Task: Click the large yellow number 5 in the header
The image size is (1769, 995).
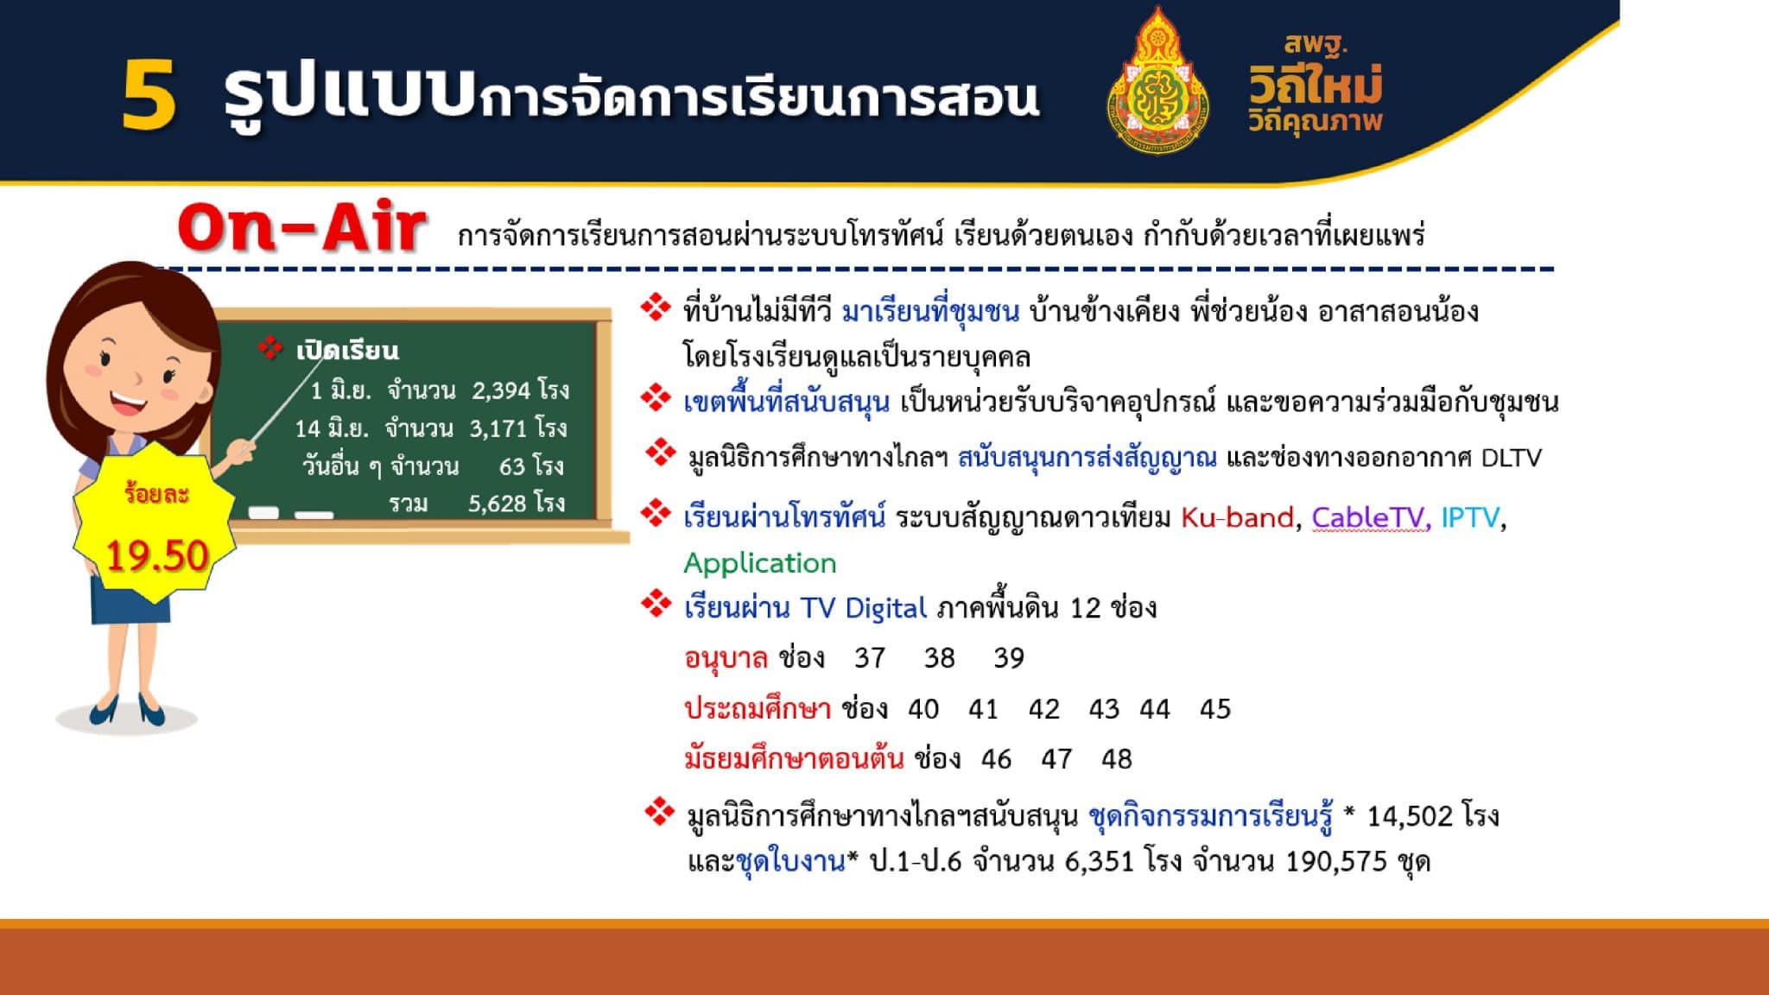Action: click(149, 96)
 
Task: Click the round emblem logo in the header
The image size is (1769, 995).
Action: click(1157, 81)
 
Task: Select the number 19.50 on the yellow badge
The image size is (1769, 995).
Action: click(157, 555)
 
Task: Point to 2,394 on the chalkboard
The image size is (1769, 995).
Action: click(500, 390)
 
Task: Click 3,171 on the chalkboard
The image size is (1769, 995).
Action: click(499, 428)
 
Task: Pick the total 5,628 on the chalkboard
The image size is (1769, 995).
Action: click(498, 504)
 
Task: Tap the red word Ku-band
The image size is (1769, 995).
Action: click(1237, 517)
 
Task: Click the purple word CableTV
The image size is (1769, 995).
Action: click(1367, 517)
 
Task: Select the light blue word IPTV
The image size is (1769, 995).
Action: click(1470, 517)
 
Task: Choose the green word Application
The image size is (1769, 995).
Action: click(760, 563)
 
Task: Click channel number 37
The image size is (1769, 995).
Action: click(870, 658)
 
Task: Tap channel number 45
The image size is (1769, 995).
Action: click(1215, 709)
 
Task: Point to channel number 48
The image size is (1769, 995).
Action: click(1116, 759)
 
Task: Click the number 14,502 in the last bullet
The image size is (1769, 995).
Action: click(1410, 816)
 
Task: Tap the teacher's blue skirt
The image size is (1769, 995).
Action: click(131, 597)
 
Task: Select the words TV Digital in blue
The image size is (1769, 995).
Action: click(863, 608)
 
